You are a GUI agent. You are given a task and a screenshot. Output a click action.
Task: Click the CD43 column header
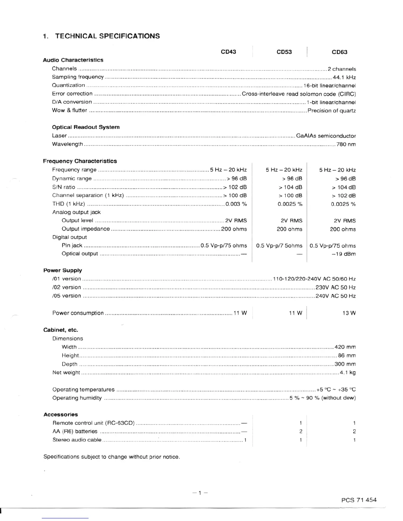(x=228, y=52)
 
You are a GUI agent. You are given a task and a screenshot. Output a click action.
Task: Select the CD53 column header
(x=284, y=52)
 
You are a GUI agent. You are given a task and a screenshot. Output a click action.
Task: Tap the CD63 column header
(x=339, y=52)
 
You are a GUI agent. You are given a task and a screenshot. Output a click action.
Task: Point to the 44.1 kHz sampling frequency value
(x=344, y=78)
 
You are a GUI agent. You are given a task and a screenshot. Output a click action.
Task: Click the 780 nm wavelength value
(x=346, y=144)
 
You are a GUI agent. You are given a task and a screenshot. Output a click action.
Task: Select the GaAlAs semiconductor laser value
(x=326, y=136)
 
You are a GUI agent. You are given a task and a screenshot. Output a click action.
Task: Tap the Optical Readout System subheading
(x=86, y=127)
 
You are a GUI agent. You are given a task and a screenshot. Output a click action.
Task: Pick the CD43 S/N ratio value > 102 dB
(x=235, y=187)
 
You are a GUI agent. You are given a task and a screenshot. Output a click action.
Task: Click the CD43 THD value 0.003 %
(x=236, y=204)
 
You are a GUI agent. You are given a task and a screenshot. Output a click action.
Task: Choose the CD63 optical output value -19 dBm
(x=344, y=254)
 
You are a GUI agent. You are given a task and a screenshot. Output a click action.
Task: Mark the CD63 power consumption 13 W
(x=349, y=313)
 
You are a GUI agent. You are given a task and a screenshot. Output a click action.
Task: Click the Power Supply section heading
(x=63, y=270)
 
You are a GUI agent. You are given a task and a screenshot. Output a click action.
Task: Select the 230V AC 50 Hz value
(x=336, y=287)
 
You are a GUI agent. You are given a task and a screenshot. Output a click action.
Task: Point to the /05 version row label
(x=67, y=296)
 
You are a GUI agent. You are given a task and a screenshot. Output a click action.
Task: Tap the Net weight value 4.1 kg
(x=348, y=373)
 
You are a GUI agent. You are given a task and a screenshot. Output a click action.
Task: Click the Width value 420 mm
(x=345, y=347)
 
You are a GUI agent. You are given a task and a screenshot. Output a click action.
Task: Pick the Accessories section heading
(x=61, y=414)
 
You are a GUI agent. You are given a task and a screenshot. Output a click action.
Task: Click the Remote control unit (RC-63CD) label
(x=94, y=423)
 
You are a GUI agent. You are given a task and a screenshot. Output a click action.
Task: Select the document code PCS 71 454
(x=359, y=500)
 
